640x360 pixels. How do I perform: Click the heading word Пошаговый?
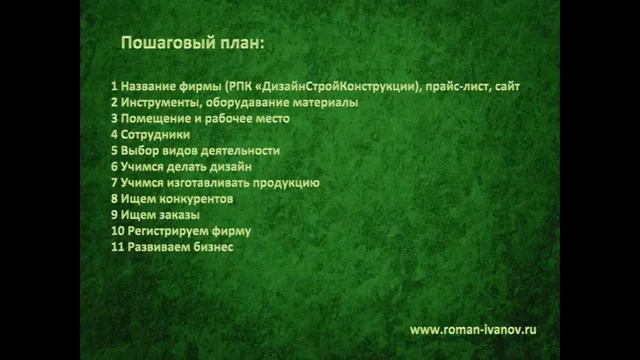click(x=163, y=45)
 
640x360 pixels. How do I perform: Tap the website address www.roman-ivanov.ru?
click(x=474, y=328)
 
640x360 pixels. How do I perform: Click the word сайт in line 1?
click(x=506, y=87)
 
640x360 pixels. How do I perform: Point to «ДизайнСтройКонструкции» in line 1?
click(x=337, y=87)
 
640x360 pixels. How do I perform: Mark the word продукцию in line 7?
click(x=281, y=183)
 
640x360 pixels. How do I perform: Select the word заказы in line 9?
click(x=180, y=215)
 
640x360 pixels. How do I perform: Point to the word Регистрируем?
click(x=162, y=231)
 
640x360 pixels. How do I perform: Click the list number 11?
click(x=117, y=247)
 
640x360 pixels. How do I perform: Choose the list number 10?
click(x=117, y=231)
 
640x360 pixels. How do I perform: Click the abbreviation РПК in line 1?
click(x=241, y=87)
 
